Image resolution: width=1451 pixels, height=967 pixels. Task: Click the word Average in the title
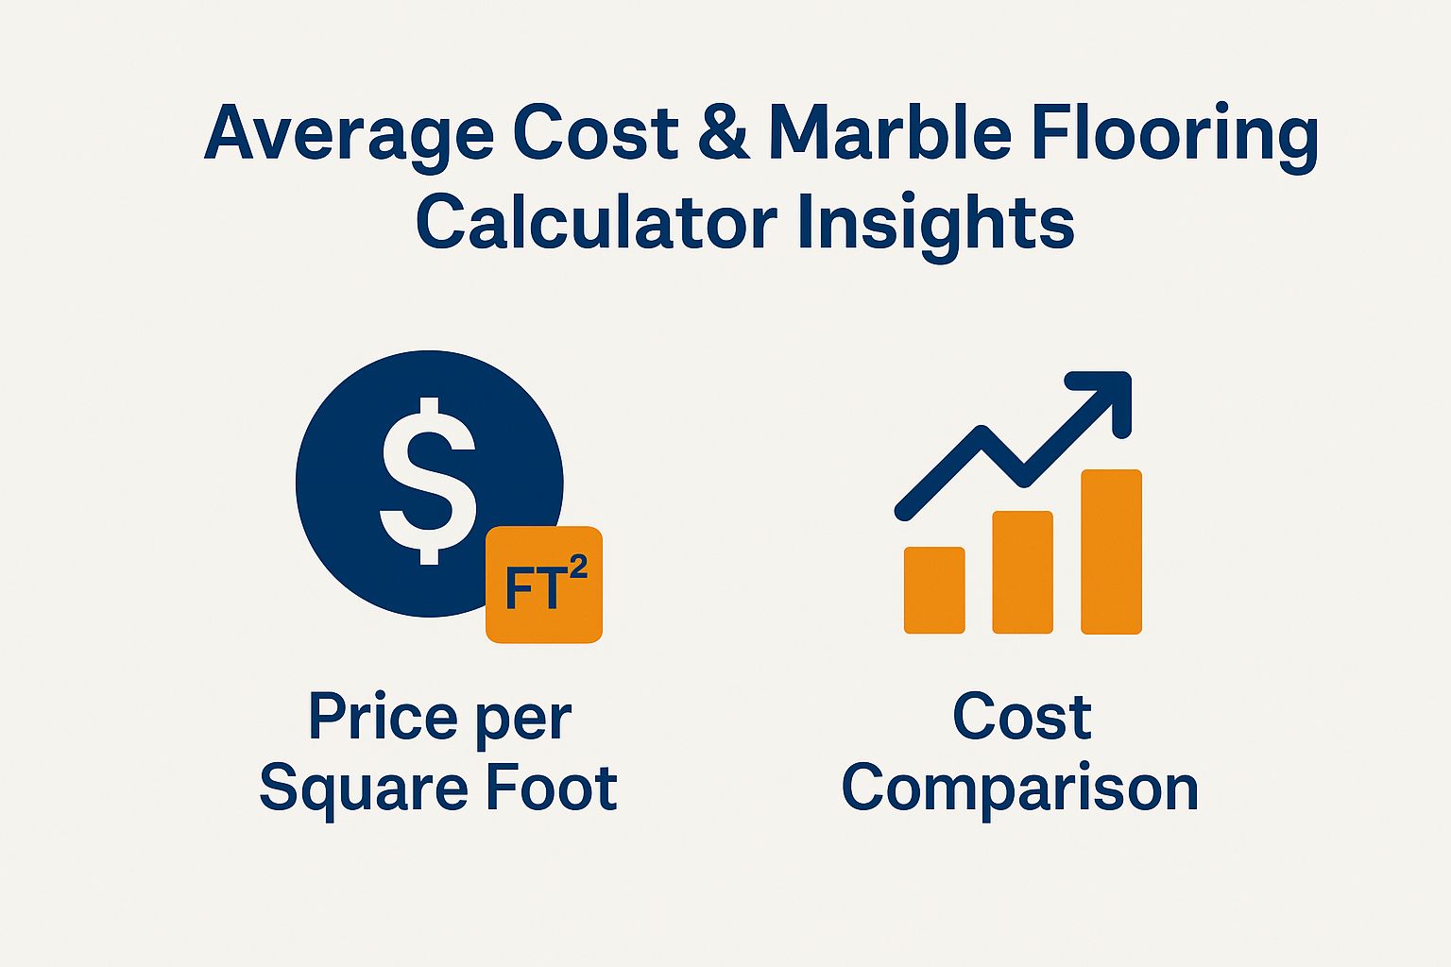[x=350, y=136]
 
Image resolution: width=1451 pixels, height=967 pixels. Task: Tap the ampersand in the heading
[x=725, y=131]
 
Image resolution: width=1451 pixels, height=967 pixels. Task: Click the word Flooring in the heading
[x=1174, y=136]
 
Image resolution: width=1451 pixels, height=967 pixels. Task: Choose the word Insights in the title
[x=937, y=226]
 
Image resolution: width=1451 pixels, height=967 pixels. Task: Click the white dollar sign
[x=429, y=481]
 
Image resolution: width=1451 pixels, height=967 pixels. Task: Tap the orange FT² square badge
[x=544, y=585]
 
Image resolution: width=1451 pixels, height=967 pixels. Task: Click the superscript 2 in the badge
[x=578, y=568]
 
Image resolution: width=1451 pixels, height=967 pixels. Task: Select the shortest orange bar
[x=934, y=590]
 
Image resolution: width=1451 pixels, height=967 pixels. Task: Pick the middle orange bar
[x=1023, y=572]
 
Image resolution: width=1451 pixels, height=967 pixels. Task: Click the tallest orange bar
[x=1112, y=551]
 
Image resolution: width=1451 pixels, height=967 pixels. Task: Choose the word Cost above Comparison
[x=1022, y=716]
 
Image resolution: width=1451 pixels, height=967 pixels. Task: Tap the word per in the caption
[x=524, y=721]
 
